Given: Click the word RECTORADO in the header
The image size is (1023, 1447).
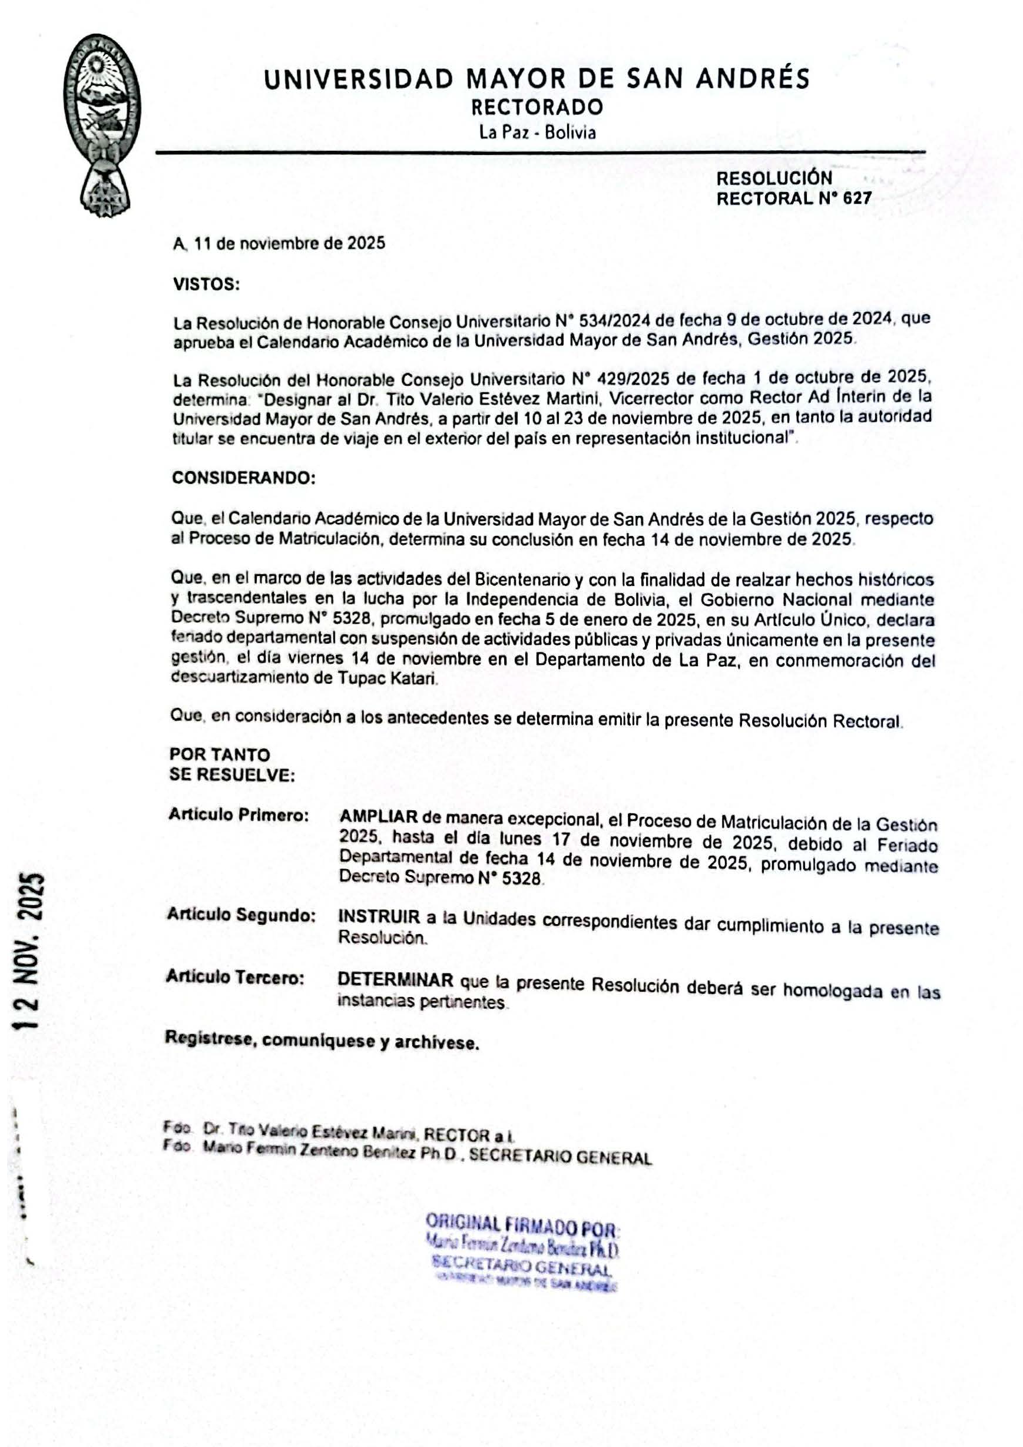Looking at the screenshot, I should pos(537,107).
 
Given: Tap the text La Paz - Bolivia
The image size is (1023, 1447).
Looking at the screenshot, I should pos(537,133).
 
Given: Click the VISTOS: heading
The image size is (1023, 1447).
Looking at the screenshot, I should pos(206,284).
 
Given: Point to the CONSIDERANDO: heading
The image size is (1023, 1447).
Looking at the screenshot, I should pos(243,478).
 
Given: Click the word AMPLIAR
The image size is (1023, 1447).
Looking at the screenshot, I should pos(378,817).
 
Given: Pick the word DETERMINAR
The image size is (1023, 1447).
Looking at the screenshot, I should pos(395,981).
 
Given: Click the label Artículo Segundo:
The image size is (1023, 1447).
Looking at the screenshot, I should pos(241,915).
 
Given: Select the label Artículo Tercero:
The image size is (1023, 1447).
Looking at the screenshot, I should pos(235,977).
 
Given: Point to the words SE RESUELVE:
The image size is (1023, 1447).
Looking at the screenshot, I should pos(232,775).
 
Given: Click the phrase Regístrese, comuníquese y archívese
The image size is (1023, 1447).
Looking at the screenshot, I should pos(322,1041).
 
